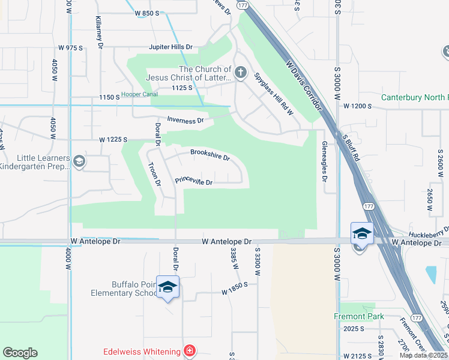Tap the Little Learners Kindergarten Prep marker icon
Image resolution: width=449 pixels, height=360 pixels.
pos(79,161)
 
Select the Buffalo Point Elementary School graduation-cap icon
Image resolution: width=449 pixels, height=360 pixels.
pos(167,287)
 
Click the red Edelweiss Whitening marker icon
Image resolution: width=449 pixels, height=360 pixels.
pos(190,350)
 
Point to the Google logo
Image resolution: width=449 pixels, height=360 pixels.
pos(20,353)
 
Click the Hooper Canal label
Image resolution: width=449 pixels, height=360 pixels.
pos(139,95)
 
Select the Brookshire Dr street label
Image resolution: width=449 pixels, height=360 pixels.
pos(210,155)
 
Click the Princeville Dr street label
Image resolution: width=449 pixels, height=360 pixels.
pos(194,181)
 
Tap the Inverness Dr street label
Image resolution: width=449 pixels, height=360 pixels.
pos(185,121)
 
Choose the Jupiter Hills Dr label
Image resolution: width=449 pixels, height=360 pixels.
pos(171,47)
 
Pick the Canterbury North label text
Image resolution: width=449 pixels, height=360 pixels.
pos(414,97)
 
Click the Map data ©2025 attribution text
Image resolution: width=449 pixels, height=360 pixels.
pos(424,355)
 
